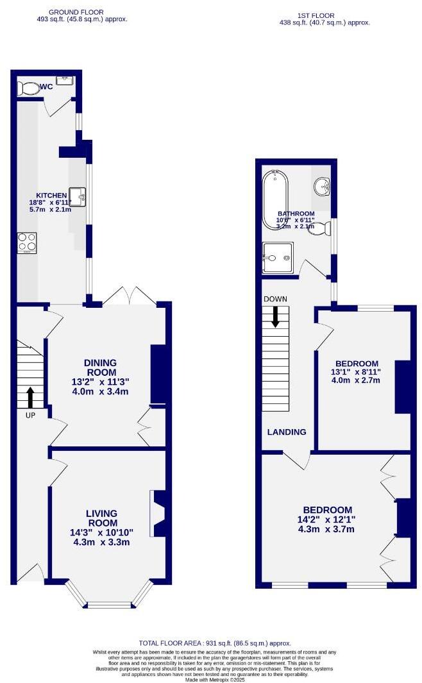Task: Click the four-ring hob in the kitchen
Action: coord(27,242)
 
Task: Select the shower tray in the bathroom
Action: coord(277,258)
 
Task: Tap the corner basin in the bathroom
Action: coord(321,187)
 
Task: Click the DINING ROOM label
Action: coord(101,367)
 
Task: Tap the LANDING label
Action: coord(287,432)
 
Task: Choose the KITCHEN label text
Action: coord(51,196)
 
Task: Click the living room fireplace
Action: coord(156,513)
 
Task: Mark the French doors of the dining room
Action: coord(130,296)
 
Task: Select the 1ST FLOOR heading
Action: coord(316,15)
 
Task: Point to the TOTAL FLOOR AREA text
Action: coord(215,643)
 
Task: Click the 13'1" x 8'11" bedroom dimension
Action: coord(355,371)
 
